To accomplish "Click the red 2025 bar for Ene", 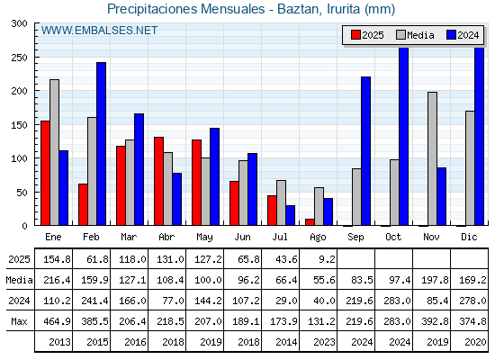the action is [45, 173].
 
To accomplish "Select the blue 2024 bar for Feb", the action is [101, 144].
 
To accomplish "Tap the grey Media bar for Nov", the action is [432, 158].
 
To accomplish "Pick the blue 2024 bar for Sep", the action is [365, 151].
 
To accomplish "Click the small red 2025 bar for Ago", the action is [310, 222].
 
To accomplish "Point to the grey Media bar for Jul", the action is [281, 202].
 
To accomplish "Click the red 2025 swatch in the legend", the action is [355, 35].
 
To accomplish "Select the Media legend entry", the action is [415, 35].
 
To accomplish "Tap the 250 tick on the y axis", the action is [19, 58].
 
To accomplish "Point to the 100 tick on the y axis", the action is [19, 158].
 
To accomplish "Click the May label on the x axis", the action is [205, 238].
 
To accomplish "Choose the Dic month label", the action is [469, 237].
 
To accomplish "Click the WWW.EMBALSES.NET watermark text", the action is [99, 31].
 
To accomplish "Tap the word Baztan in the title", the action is [298, 9].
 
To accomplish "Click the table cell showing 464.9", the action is [57, 321].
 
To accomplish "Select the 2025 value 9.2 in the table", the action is [327, 259].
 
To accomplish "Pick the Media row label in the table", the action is [19, 280].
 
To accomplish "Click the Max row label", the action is [19, 321].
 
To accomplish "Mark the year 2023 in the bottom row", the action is [324, 342].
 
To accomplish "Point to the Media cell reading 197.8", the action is [435, 280].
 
